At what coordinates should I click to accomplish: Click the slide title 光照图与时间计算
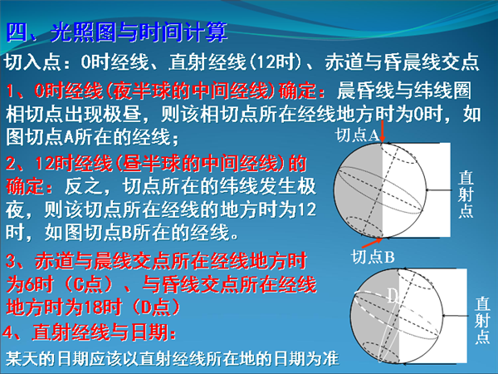click(x=139, y=32)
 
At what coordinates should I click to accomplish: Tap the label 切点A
click(x=358, y=135)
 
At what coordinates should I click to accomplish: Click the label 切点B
click(x=373, y=257)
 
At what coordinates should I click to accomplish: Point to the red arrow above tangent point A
click(x=382, y=131)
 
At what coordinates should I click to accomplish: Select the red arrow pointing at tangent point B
click(x=372, y=243)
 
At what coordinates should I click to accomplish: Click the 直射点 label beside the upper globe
click(x=466, y=194)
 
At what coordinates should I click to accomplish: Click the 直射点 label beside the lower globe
click(x=482, y=320)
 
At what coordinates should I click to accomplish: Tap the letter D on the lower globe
click(x=393, y=296)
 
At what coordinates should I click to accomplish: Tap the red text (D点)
click(x=155, y=307)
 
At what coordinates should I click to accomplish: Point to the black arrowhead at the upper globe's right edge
click(x=427, y=190)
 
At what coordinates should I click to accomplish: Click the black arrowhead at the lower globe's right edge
click(x=444, y=316)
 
